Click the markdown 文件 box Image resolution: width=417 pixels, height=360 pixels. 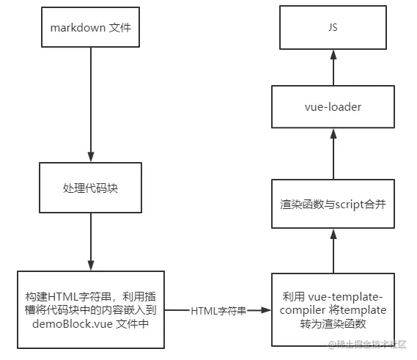click(91, 28)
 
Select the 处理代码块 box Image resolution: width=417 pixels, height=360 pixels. click(91, 187)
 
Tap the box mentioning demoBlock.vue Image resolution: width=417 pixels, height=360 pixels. click(90, 309)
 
